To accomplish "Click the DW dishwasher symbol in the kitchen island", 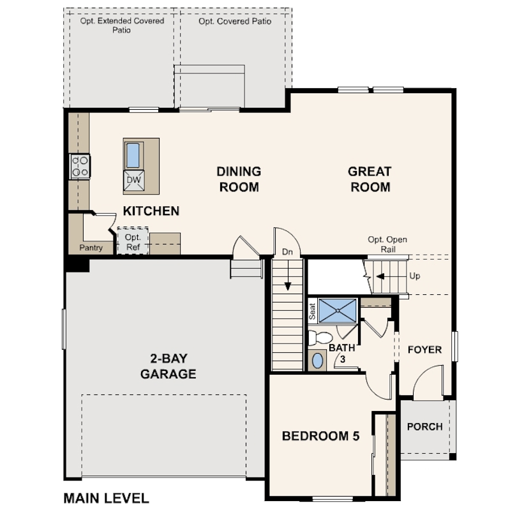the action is coord(133,181).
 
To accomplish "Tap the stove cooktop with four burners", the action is coord(80,167).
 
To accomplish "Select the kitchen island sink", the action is coord(133,155).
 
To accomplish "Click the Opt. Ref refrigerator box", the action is coord(133,241).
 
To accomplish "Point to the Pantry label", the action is coord(91,248).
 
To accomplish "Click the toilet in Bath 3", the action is coord(320,338).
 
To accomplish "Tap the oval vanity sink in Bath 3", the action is coord(317,361).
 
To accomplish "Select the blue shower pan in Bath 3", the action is coord(338,311).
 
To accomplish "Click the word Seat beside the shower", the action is coord(312,311).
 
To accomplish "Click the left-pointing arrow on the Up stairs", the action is coord(380,276).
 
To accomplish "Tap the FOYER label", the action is coord(424,350).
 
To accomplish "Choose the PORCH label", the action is coord(424,426).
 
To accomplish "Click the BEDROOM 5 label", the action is coord(320,436).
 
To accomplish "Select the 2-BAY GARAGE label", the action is coord(169,366).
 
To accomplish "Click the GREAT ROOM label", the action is coord(370,179).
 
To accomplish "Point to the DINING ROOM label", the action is coord(239,179).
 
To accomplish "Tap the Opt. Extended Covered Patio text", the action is coord(122,26).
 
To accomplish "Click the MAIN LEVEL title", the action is coord(106,498).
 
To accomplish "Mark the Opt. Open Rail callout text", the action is coord(388,244).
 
